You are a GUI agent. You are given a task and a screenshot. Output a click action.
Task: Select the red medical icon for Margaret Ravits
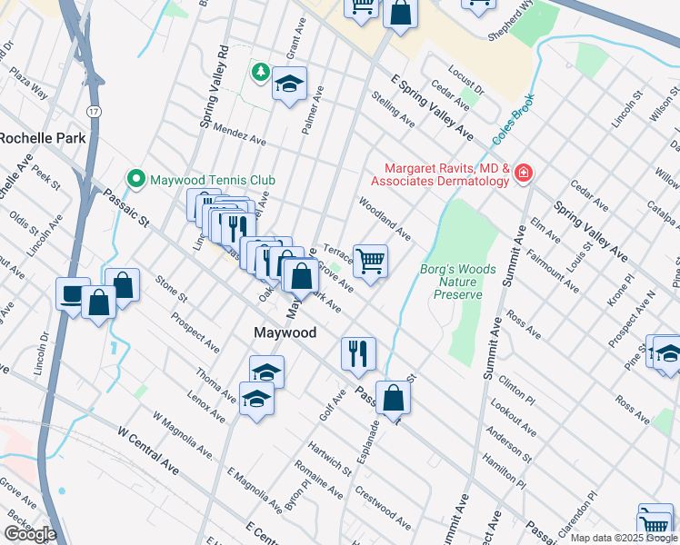point(523,173)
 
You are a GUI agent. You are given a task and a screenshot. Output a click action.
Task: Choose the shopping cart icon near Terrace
point(370,261)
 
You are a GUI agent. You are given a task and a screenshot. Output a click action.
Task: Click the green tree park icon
point(260,71)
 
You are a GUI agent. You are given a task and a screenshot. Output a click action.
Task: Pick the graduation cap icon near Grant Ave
point(289,84)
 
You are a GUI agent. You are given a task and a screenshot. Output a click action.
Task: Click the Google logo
point(30,534)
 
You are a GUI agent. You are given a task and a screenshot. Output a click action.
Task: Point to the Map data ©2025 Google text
point(624,538)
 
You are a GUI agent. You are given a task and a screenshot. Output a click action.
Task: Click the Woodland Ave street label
point(385,219)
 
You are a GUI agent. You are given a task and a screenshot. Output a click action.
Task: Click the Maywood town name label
point(285,333)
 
